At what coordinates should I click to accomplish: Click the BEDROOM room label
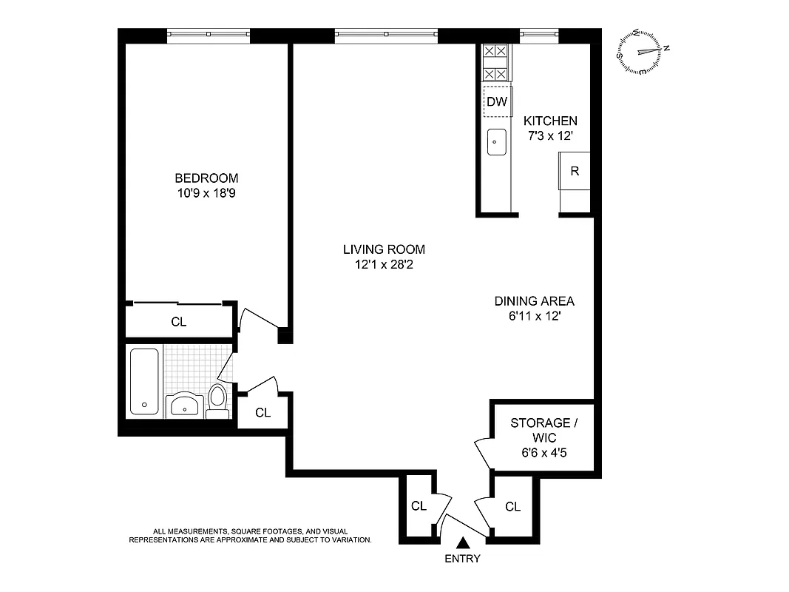tap(206, 178)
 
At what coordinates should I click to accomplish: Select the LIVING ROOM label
tap(384, 249)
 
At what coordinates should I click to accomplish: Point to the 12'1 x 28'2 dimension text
tap(384, 264)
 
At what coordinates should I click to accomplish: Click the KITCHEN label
tap(550, 121)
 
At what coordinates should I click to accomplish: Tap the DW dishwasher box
tap(497, 102)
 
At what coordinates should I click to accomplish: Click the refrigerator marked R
tap(575, 170)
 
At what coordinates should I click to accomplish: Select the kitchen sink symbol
tap(496, 141)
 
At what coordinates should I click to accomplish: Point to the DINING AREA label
tap(534, 301)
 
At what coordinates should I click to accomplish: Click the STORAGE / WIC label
tap(544, 430)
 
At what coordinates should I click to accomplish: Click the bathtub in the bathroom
tap(144, 381)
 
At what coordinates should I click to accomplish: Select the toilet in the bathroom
tap(217, 400)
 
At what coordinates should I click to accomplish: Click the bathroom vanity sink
tap(183, 406)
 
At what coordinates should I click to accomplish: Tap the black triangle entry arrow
tap(463, 542)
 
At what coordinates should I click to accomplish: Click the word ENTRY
tap(462, 559)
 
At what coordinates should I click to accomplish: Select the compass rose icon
tap(643, 51)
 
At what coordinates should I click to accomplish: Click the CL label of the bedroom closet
tap(178, 322)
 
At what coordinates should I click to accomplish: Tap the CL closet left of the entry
tap(419, 506)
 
